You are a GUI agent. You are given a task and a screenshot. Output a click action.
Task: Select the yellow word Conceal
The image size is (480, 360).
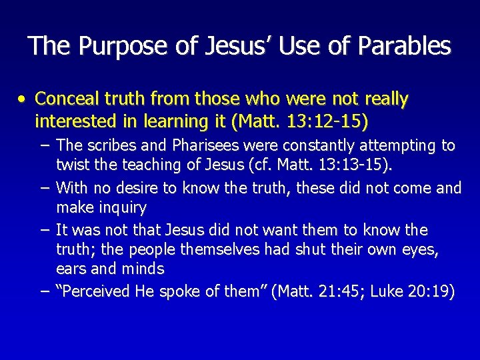(65, 99)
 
